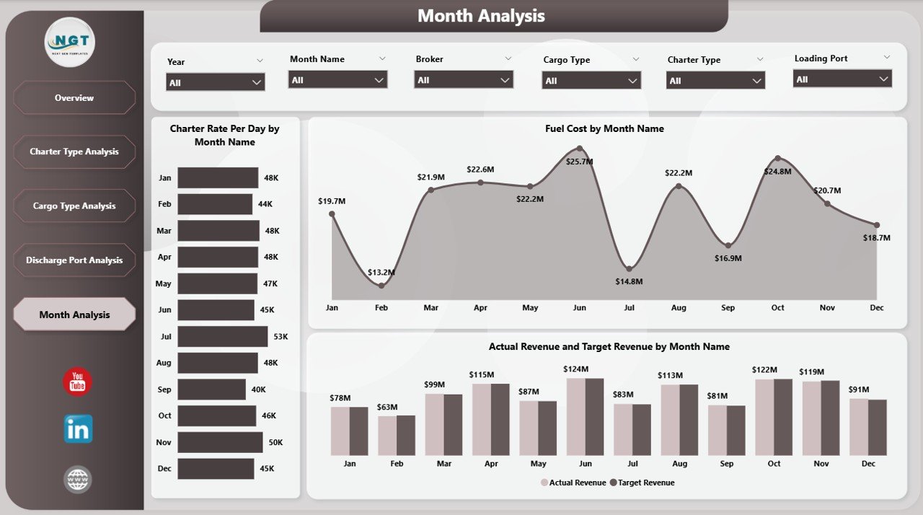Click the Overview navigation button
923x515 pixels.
click(x=74, y=97)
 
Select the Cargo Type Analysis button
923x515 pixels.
click(x=74, y=206)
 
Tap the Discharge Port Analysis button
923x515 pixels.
click(x=74, y=260)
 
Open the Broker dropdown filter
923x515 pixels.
click(x=464, y=80)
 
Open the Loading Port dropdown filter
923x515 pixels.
click(x=842, y=79)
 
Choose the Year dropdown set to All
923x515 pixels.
click(x=216, y=82)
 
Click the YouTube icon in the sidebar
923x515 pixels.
click(x=77, y=382)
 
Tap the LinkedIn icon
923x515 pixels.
click(x=78, y=429)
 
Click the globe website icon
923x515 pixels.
click(x=77, y=479)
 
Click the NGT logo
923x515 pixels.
click(x=70, y=43)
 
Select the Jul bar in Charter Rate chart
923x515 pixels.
click(x=222, y=336)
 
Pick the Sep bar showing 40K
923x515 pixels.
click(x=211, y=389)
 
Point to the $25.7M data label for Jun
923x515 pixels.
click(x=579, y=162)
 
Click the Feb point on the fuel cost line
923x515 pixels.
click(x=381, y=286)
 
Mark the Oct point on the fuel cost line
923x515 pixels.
click(x=777, y=158)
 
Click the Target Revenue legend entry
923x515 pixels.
click(x=642, y=483)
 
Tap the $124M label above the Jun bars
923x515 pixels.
click(x=576, y=369)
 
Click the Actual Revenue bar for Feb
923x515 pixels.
click(x=387, y=436)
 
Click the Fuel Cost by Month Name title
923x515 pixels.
click(x=604, y=128)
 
